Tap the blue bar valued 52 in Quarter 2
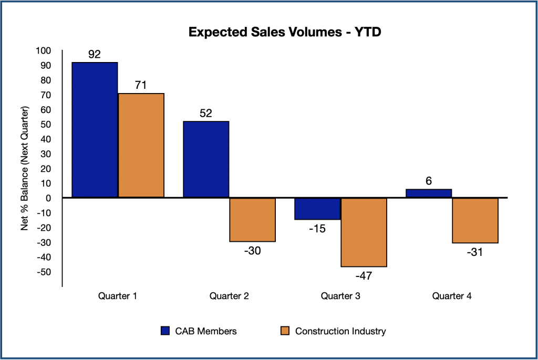pos(206,160)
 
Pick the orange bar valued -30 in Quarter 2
pos(252,220)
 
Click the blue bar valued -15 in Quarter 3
pos(317,209)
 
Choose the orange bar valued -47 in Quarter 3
pos(364,232)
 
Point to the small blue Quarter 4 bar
pos(429,193)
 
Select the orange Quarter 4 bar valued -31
pos(475,221)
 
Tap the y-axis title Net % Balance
pos(24,168)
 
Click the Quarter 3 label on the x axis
pos(340,296)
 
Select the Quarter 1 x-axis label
pos(118,296)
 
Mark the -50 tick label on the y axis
pos(43,272)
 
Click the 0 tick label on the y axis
pos(48,198)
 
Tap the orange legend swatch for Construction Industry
pos(285,331)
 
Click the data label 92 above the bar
pos(95,54)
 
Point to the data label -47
pos(364,275)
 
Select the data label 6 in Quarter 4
pos(429,181)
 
